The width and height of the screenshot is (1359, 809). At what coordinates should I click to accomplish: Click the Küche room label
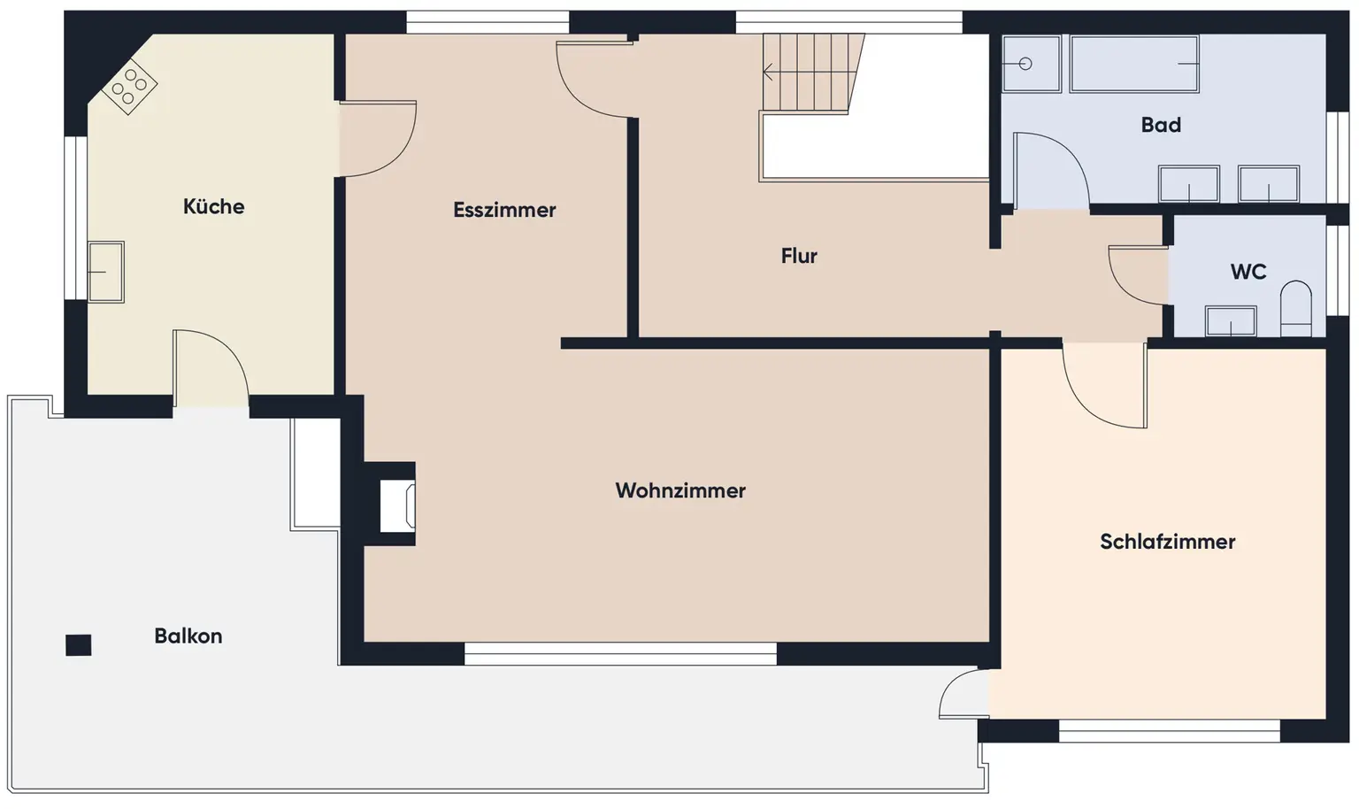213,206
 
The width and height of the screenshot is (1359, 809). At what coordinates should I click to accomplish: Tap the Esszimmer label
504,210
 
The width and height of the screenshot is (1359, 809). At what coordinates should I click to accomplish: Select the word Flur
798,256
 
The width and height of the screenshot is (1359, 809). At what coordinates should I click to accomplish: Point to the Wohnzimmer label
680,490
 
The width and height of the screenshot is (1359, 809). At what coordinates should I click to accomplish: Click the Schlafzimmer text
1167,542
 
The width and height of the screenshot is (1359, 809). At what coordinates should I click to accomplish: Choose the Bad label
1161,125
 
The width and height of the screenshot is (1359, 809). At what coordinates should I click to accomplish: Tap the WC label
1248,272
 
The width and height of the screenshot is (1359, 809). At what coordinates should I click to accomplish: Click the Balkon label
188,636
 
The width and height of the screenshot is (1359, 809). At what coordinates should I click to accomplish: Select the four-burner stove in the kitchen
129,86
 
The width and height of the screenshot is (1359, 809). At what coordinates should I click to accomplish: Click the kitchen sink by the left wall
106,272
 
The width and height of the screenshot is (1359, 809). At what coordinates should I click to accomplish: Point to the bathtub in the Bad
1134,64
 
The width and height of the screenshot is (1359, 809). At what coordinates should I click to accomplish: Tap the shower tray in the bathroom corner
1031,64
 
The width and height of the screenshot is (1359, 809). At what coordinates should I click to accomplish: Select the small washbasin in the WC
1231,321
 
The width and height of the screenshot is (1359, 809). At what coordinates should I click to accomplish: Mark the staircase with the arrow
811,73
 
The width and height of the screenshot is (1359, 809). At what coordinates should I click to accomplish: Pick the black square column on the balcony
79,645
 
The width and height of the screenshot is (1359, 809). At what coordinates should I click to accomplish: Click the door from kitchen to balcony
211,367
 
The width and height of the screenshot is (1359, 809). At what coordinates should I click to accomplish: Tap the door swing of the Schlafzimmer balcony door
963,693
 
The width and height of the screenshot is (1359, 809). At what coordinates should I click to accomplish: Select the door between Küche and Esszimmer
376,139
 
